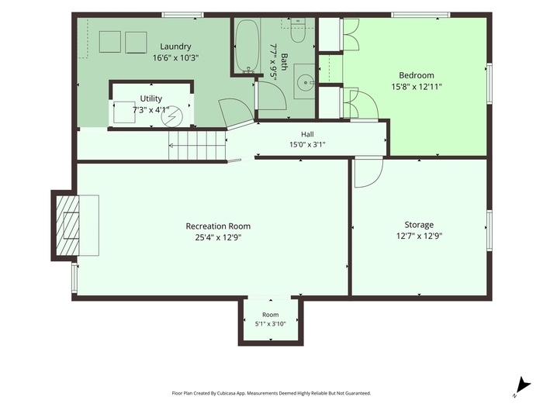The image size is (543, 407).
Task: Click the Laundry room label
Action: point(175,47)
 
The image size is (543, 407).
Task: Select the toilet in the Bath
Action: point(297,31)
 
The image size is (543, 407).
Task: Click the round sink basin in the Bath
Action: point(305,82)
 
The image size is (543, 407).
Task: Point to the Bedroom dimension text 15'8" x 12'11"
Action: point(417,87)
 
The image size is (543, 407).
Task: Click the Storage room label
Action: point(419,225)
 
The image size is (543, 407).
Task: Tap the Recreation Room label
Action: point(218,226)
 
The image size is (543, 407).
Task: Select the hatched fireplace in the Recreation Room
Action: point(67,226)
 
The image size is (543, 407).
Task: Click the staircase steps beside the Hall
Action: point(197,145)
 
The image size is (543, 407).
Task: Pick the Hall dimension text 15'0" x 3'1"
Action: point(307,144)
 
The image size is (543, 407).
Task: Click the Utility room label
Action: point(151,98)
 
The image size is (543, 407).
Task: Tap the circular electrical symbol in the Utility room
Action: point(171,116)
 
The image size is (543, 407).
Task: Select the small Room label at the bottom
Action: point(271,315)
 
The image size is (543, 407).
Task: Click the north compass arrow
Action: point(524,386)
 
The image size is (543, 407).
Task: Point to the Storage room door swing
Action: point(368,172)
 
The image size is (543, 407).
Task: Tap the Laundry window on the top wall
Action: point(182,15)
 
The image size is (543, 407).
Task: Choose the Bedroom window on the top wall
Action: point(420,15)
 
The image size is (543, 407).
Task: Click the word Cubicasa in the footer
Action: point(228,393)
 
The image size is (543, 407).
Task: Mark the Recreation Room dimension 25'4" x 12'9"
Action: point(218,238)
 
